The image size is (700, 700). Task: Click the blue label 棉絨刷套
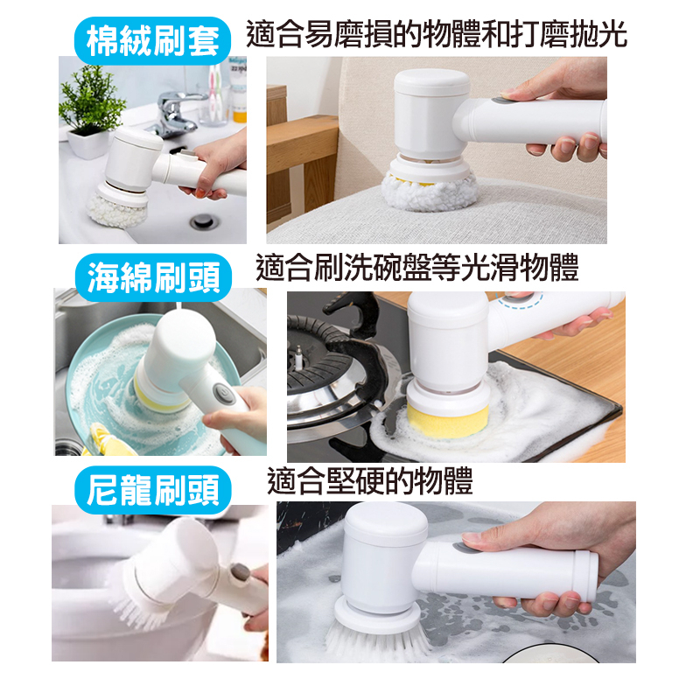pyautogui.click(x=152, y=40)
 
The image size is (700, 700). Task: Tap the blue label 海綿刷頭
pyautogui.click(x=154, y=277)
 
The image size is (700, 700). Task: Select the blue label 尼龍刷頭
pyautogui.click(x=153, y=490)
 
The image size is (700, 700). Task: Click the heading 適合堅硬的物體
pyautogui.click(x=370, y=481)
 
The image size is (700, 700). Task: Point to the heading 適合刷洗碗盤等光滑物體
pyautogui.click(x=417, y=268)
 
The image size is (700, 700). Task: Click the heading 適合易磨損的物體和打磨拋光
pyautogui.click(x=437, y=34)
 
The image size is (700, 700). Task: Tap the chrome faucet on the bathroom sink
pyautogui.click(x=171, y=114)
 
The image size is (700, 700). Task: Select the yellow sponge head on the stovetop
pyautogui.click(x=446, y=420)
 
